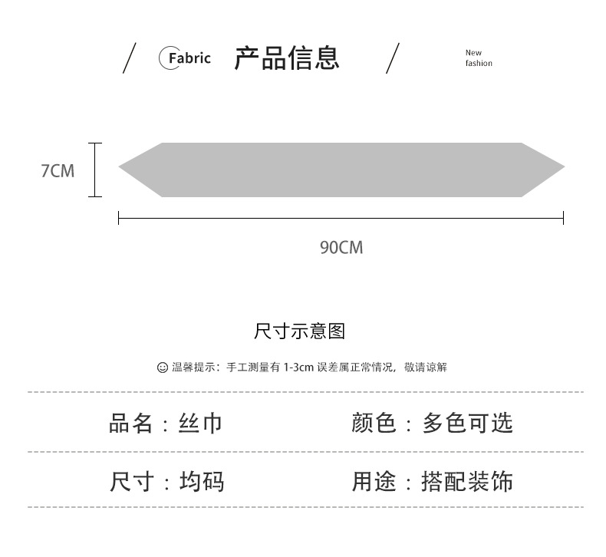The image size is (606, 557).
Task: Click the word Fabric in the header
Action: click(x=189, y=58)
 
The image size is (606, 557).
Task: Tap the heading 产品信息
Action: click(x=286, y=58)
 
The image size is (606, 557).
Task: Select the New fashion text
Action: click(x=478, y=58)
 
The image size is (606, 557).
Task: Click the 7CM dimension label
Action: click(x=58, y=170)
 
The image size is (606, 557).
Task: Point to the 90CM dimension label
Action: click(x=341, y=247)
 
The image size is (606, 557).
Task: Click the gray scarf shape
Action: click(x=341, y=170)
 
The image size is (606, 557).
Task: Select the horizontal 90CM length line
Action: click(x=341, y=219)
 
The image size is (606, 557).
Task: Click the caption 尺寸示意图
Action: click(x=299, y=331)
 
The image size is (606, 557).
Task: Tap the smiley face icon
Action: click(x=162, y=367)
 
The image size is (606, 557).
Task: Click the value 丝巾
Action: click(x=200, y=423)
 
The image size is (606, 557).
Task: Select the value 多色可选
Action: click(x=467, y=423)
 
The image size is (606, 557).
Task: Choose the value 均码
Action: click(x=202, y=482)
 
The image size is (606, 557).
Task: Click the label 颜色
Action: click(x=374, y=423)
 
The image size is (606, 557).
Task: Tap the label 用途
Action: click(x=374, y=482)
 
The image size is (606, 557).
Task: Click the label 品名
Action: click(x=131, y=423)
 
